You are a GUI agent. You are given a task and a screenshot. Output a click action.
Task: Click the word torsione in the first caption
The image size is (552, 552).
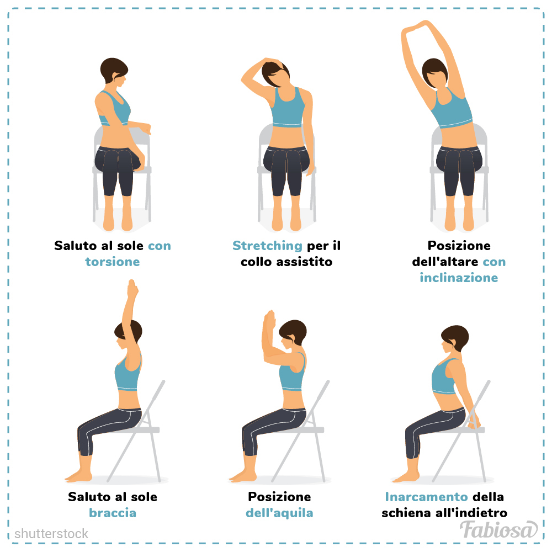[113, 262]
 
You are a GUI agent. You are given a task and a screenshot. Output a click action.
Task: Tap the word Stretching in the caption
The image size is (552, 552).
[267, 246]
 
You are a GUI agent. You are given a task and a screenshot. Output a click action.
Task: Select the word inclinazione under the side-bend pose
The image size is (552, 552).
[459, 278]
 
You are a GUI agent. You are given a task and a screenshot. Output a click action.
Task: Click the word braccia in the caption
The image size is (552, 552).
[113, 513]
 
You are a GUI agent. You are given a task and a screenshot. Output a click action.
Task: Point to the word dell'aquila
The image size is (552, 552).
[279, 513]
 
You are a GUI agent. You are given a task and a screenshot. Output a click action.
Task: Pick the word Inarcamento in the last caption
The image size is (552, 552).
[426, 497]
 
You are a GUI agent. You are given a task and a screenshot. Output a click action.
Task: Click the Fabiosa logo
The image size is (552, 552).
[498, 530]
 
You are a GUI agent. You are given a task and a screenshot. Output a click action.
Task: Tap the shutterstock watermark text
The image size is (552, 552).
[51, 534]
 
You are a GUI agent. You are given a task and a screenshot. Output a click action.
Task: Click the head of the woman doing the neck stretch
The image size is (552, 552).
[275, 73]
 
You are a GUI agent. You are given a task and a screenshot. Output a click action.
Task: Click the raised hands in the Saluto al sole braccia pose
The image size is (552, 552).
[132, 289]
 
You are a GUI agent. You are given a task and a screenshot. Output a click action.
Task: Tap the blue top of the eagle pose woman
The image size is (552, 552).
[292, 374]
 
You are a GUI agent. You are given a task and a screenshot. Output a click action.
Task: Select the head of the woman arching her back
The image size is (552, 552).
[454, 339]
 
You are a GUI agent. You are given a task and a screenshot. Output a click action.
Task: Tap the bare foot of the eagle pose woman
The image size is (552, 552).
[242, 476]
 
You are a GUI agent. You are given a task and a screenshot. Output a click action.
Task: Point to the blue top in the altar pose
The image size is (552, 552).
[452, 109]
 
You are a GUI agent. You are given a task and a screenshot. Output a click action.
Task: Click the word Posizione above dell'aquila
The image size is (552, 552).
[279, 497]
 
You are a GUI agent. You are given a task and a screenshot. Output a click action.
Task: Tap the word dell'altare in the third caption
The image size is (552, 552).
[445, 262]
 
